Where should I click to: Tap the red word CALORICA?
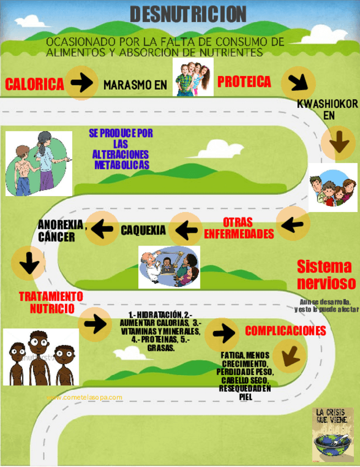[35, 84]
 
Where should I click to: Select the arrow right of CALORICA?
[83, 83]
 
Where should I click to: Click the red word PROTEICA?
[244, 82]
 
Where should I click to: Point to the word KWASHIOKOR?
[328, 104]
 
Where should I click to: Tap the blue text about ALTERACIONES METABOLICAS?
[121, 149]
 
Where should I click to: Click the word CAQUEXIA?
[143, 230]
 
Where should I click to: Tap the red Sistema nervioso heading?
[324, 275]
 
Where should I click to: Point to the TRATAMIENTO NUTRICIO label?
[51, 302]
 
